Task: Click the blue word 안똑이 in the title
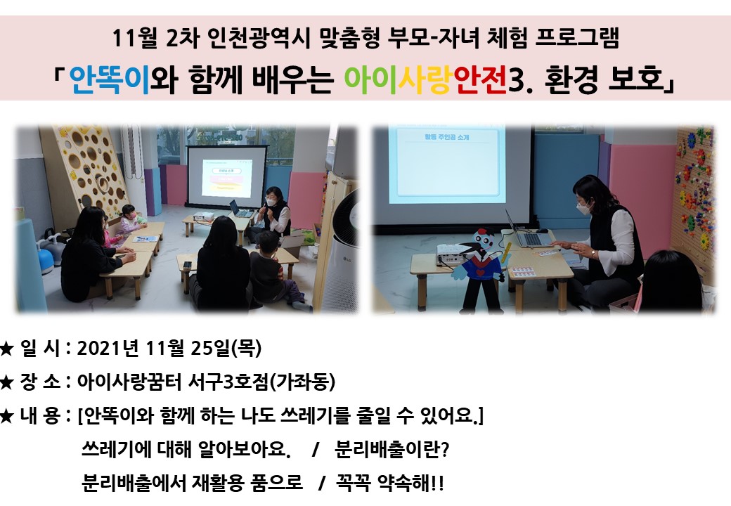pyautogui.click(x=110, y=79)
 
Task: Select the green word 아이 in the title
pyautogui.click(x=370, y=79)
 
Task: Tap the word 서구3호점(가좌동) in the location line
pyautogui.click(x=261, y=382)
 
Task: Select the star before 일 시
pyautogui.click(x=6, y=349)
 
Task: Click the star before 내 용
pyautogui.click(x=6, y=415)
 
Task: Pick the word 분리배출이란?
pyautogui.click(x=392, y=449)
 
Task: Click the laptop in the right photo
pyautogui.click(x=530, y=232)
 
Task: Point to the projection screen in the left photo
pyautogui.click(x=226, y=176)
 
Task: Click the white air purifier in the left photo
pyautogui.click(x=342, y=252)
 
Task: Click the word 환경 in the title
pyautogui.click(x=571, y=79)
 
